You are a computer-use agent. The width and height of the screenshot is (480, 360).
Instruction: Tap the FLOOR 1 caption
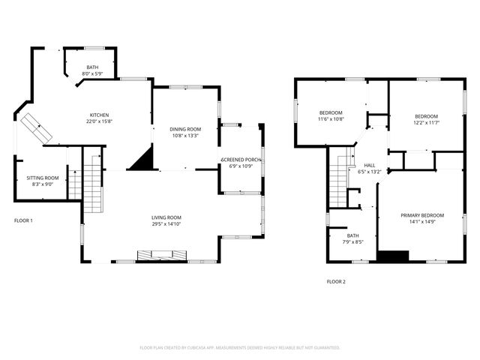click(24, 220)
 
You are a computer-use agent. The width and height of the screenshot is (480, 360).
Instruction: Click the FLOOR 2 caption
click(336, 282)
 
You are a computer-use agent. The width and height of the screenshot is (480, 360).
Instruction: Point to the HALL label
click(370, 165)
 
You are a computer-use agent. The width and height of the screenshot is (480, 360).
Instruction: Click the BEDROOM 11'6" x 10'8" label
click(331, 112)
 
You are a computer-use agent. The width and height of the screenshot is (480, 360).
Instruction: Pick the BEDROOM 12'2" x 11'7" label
click(427, 116)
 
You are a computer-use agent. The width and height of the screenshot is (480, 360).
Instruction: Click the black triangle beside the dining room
click(142, 160)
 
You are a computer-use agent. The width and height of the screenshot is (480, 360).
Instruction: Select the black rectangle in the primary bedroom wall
click(392, 256)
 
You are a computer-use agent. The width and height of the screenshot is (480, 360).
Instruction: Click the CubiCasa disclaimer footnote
click(240, 348)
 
